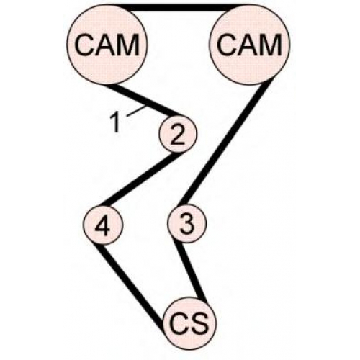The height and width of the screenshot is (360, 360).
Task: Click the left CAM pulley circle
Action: click(x=107, y=45)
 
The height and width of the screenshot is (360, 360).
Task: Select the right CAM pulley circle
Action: click(x=250, y=45)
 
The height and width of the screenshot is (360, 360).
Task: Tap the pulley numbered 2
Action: click(x=178, y=133)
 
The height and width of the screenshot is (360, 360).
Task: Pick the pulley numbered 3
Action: click(x=186, y=224)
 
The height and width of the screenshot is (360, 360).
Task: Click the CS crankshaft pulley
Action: click(x=189, y=323)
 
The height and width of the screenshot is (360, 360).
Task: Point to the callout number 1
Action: click(x=116, y=123)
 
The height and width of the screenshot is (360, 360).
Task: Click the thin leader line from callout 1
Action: click(x=136, y=111)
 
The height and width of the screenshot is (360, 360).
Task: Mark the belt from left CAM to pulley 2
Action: click(x=143, y=100)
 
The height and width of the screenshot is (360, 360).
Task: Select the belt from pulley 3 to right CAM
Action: click(x=226, y=143)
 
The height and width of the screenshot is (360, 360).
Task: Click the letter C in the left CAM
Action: click(x=84, y=45)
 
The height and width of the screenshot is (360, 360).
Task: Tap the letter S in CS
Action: click(x=199, y=323)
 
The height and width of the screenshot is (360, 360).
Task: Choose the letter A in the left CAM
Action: click(x=105, y=45)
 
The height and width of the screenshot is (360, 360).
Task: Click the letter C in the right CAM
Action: click(x=226, y=45)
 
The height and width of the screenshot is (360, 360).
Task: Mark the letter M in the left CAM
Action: click(x=128, y=45)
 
